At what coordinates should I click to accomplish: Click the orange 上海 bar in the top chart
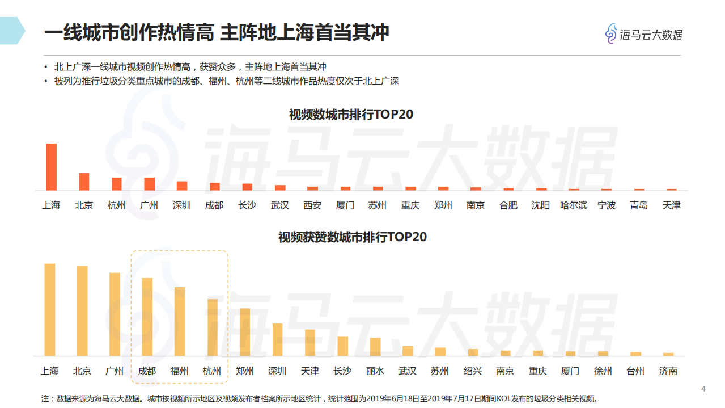point(51,167)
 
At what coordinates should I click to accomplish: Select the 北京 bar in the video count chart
point(84,182)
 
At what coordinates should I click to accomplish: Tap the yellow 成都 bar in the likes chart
point(147,317)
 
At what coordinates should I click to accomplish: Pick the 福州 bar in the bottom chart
point(180,321)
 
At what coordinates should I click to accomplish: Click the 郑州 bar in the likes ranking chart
point(245,332)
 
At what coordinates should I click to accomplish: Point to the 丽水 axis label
point(375,371)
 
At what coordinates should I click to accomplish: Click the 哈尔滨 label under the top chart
point(574,205)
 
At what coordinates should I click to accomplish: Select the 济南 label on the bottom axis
point(668,371)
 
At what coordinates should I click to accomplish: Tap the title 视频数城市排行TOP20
point(351,115)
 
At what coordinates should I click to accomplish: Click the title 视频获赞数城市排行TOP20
point(352,237)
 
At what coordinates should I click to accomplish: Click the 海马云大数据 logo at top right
point(644,34)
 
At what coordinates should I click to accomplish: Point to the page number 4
point(703,389)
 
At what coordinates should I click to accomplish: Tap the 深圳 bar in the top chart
point(182,186)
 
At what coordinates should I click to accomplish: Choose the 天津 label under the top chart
point(672,205)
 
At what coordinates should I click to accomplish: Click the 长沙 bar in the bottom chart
point(342,346)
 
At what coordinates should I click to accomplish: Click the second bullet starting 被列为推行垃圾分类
point(227,81)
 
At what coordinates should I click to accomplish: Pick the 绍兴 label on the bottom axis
point(473,371)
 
